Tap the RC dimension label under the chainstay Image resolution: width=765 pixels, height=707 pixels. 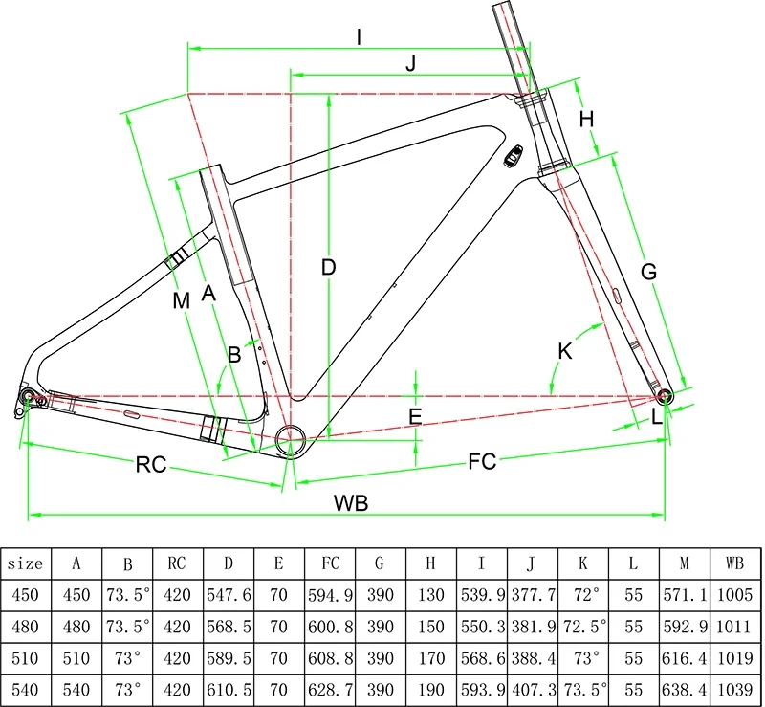point(151,465)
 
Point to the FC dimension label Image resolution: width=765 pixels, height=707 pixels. point(483,461)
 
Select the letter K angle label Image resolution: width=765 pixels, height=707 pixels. point(564,351)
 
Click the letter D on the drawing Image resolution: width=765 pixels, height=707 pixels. point(328,268)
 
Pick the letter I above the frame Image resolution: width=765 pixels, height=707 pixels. point(359,37)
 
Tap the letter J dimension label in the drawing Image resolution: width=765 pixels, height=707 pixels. point(411,63)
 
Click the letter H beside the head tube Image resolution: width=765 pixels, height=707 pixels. point(587,120)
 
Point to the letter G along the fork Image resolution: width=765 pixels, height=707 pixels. point(648,272)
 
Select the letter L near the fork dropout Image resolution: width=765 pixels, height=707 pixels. point(657,416)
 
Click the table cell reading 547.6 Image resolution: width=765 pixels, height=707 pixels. point(229,595)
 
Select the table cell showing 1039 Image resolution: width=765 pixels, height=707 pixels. point(735,688)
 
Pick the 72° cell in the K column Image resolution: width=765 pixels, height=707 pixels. point(584,595)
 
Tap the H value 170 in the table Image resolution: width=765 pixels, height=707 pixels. point(431,657)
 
